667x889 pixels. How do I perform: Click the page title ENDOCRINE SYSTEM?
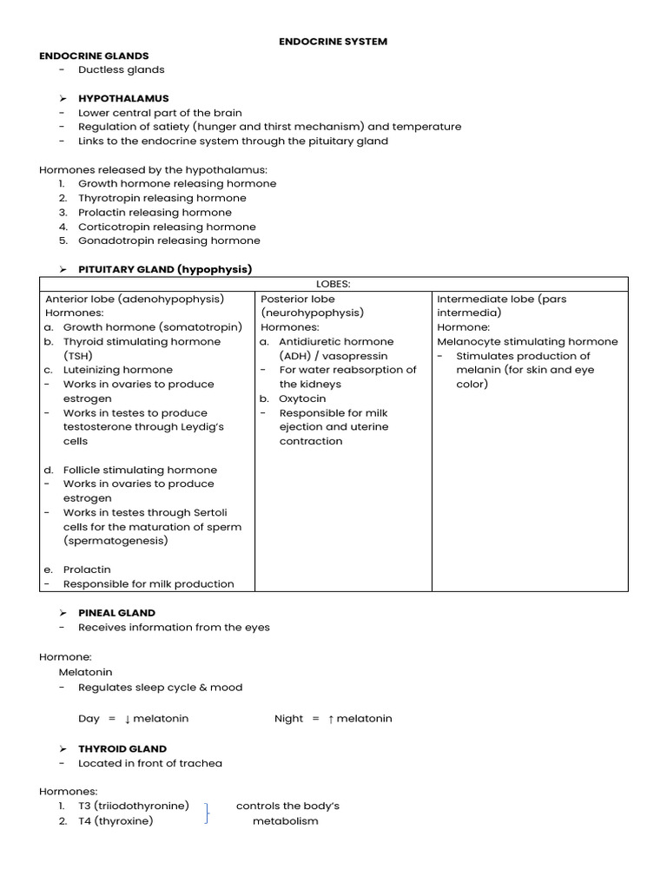tap(333, 41)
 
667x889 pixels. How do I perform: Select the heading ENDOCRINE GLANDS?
tap(94, 56)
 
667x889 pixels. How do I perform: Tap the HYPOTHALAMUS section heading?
tap(123, 98)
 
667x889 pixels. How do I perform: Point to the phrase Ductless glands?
tap(121, 69)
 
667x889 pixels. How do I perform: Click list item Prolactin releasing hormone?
tap(155, 212)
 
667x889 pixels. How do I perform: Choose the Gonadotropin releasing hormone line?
tap(168, 240)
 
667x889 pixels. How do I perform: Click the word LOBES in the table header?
tap(333, 284)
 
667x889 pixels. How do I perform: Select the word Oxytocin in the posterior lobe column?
tap(302, 398)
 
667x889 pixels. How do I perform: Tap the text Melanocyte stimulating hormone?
tap(527, 341)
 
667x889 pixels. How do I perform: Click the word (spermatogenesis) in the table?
tap(116, 541)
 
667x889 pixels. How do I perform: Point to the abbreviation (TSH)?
tap(77, 356)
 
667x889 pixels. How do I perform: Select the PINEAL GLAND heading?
tap(116, 612)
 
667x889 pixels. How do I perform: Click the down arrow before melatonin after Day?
tap(127, 719)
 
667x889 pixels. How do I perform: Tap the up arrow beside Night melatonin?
tap(331, 719)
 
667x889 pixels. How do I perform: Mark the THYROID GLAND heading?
tap(122, 748)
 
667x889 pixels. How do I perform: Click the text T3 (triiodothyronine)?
tap(133, 806)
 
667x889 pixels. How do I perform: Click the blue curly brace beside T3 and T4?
tap(206, 813)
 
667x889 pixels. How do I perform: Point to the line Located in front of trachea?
tap(149, 763)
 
